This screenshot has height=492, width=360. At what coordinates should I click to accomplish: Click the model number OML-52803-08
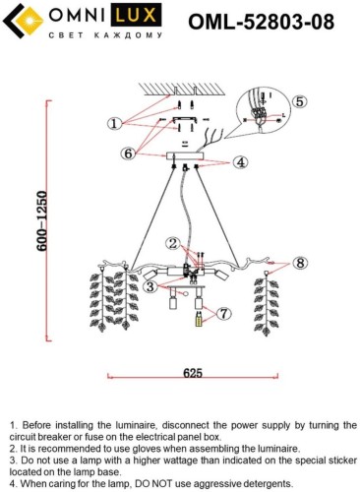pos(261,22)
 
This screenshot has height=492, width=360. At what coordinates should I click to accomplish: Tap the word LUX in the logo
pos(136,16)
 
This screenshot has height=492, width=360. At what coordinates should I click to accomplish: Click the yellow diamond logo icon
pos(30,21)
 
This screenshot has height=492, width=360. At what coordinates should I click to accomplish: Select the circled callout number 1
pos(114,124)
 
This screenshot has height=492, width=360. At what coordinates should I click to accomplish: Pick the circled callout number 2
pos(173,243)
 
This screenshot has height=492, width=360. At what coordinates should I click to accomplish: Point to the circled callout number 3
pos(150,286)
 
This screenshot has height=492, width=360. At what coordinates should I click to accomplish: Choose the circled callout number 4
pos(241,162)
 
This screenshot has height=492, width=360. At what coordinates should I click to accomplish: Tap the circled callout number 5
pos(300,101)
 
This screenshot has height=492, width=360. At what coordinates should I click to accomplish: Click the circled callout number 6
pos(128,154)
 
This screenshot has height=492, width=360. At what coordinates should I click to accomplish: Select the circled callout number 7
pos(224,314)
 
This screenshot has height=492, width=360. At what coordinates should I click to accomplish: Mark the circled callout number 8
pos(300,263)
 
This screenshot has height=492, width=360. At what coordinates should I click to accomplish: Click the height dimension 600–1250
pos(42,221)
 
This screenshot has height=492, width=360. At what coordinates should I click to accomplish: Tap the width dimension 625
pos(193,373)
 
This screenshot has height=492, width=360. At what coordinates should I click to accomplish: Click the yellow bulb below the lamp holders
pos(199,320)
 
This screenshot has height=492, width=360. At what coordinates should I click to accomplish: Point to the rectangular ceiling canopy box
pos(185,155)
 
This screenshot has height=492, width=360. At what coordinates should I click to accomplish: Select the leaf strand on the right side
pos(267,303)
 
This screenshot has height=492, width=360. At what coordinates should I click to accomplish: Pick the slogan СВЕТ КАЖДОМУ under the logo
pos(105,35)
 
